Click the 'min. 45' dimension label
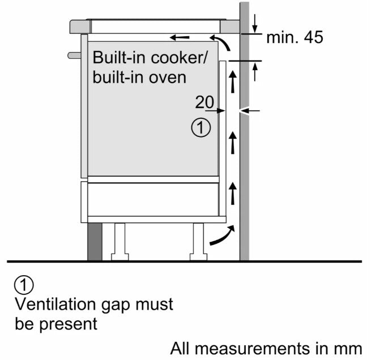click(x=295, y=38)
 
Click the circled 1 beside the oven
click(x=201, y=128)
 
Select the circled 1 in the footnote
click(x=25, y=284)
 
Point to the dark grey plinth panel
click(x=95, y=241)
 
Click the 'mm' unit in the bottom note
click(x=349, y=347)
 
